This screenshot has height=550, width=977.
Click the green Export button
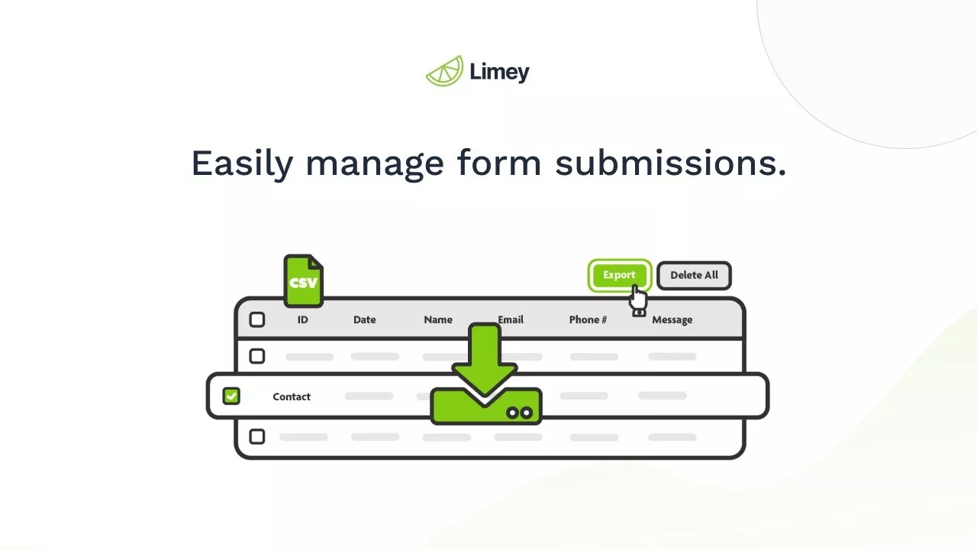point(618,275)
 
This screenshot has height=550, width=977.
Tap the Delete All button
point(694,275)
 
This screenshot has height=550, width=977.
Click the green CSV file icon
point(303,281)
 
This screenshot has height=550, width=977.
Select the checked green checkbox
point(231,396)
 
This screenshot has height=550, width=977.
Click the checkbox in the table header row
point(257,319)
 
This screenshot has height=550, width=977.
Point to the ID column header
point(302,319)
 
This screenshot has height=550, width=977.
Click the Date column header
point(364,319)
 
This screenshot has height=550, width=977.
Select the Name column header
point(438,319)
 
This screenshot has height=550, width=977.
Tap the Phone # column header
point(588,319)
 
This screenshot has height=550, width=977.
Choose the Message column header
point(672,319)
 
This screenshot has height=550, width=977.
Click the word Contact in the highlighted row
point(292,396)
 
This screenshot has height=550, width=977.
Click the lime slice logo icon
point(444,71)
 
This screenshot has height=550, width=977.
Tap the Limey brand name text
point(499,73)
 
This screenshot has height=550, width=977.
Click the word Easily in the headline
point(241,163)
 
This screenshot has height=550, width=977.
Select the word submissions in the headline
point(670,163)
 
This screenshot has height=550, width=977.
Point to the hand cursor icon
point(638,300)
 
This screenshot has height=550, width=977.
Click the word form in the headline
point(499,163)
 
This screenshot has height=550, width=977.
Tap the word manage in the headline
point(374,163)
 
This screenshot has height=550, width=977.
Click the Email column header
point(511,319)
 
